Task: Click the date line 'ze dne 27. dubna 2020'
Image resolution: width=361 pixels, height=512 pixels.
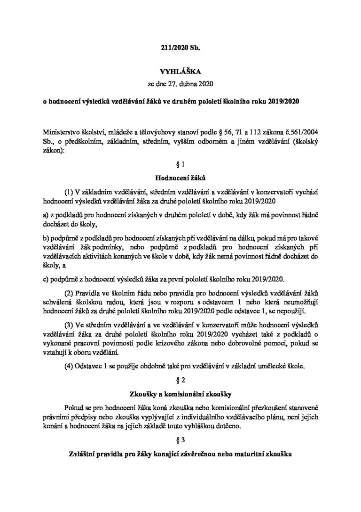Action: (180, 85)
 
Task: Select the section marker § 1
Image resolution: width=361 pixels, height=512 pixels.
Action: (180, 164)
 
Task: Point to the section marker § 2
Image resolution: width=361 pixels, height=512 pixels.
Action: (180, 378)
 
